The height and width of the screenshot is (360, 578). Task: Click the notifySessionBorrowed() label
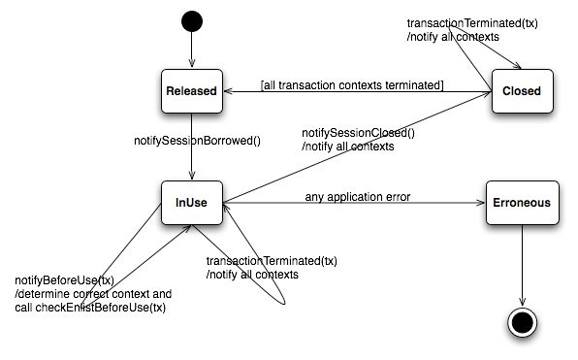pyautogui.click(x=183, y=141)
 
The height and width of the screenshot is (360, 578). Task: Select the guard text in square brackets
pyautogui.click(x=352, y=85)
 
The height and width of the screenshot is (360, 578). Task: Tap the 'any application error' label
pyautogui.click(x=358, y=197)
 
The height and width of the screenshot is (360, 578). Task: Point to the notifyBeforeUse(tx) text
pyautogui.click(x=59, y=280)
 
